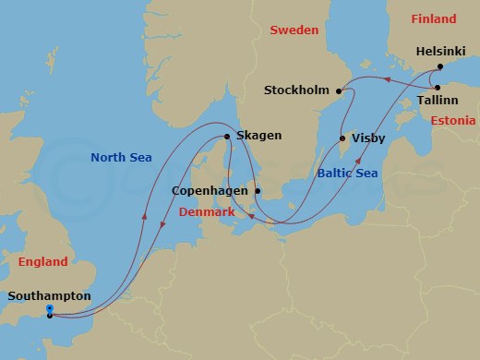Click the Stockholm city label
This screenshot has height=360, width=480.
pos(297,90)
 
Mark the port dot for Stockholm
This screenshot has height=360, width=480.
pos(340,90)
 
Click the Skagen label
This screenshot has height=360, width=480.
pos(258,135)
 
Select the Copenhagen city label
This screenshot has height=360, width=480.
pos(211,192)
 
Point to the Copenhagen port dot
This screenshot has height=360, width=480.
pos(258,192)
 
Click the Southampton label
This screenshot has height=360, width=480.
pos(49,296)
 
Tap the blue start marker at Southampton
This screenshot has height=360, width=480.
pos(49,309)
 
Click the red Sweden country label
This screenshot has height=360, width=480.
pos(294,30)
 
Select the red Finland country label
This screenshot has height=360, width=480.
pos(433,18)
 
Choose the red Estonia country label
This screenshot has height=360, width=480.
pos(452,121)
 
